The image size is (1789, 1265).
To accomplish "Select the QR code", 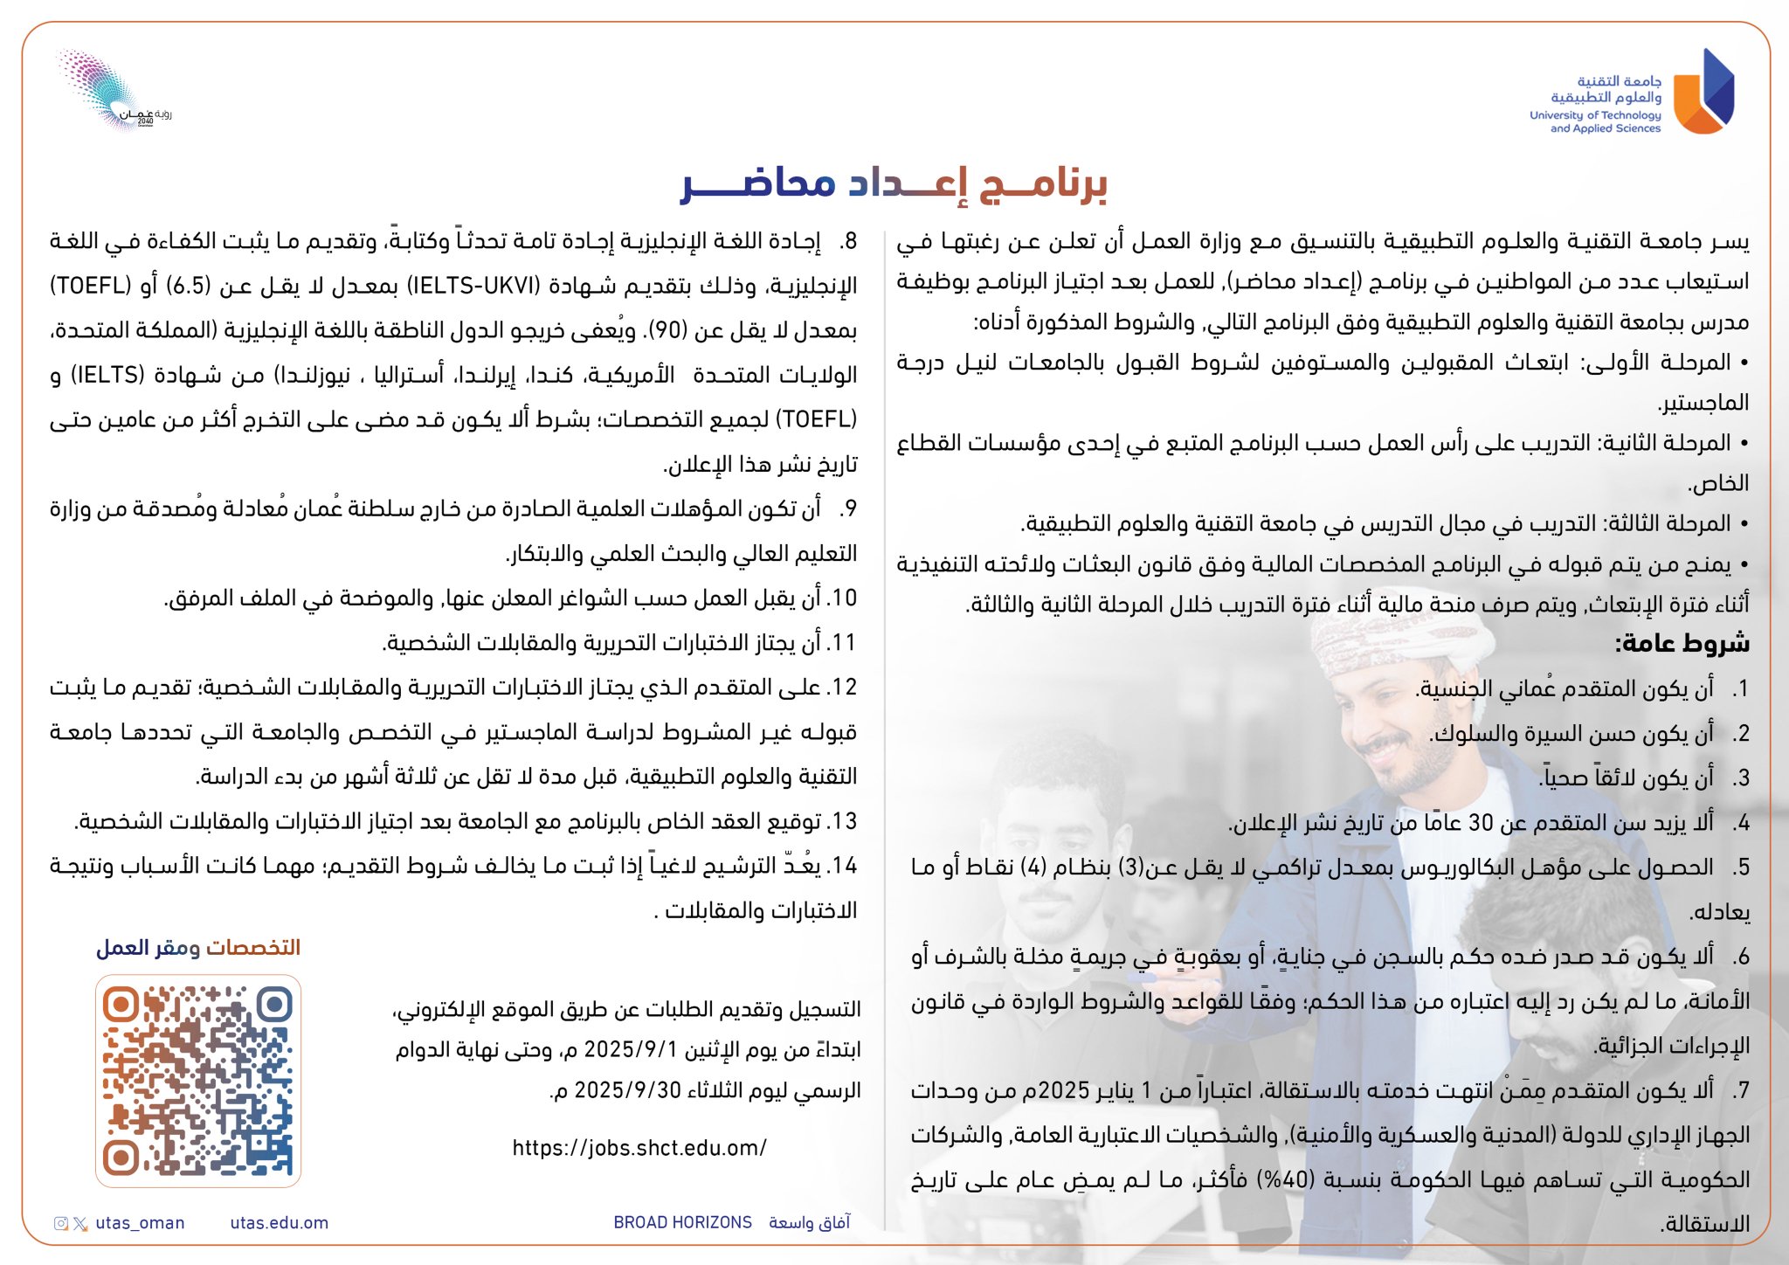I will click(198, 1081).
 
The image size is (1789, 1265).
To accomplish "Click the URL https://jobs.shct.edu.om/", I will click(639, 1148).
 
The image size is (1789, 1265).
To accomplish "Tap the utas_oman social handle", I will click(140, 1223).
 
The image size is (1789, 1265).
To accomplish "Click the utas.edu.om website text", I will click(280, 1223).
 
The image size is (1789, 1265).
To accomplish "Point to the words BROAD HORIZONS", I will click(682, 1223).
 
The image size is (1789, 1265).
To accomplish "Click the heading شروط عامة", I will click(1682, 644).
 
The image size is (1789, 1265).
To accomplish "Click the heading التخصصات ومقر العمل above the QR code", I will click(198, 948).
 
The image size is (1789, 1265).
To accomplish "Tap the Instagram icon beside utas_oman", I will click(61, 1223).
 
